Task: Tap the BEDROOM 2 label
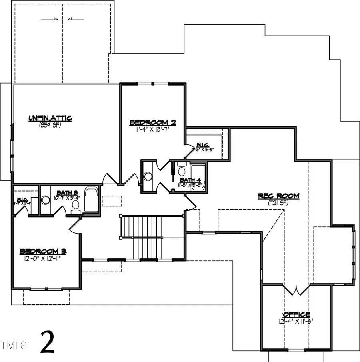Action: [153, 123]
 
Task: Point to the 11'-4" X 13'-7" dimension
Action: [153, 129]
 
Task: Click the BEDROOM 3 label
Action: [43, 251]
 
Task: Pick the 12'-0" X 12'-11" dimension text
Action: [43, 258]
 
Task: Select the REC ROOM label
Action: [278, 196]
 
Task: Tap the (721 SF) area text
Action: [278, 203]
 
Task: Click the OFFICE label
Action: [296, 314]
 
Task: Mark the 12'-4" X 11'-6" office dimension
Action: [296, 321]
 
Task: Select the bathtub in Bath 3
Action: [91, 200]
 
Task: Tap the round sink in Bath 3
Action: [45, 199]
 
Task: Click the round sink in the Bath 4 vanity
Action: [148, 176]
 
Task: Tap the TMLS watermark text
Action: [14, 345]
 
